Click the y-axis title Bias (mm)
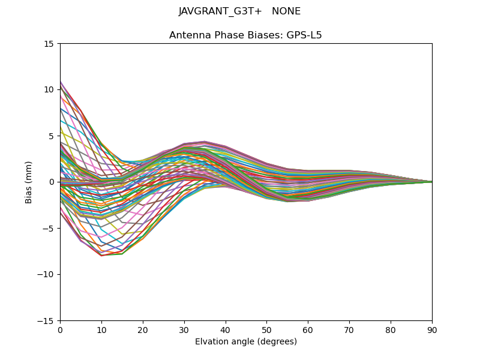tap(29, 182)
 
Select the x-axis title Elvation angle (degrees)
tap(246, 341)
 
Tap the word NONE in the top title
tap(286, 11)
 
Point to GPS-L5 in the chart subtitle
tap(303, 35)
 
